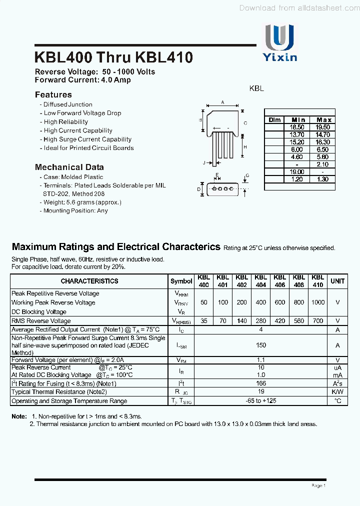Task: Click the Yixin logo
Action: [280, 43]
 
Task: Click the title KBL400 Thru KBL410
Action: [113, 57]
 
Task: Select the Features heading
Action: [53, 94]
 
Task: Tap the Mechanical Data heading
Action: [69, 167]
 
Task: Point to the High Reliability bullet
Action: [65, 121]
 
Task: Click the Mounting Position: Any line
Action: [75, 210]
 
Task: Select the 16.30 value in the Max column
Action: [323, 142]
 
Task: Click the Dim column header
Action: [274, 120]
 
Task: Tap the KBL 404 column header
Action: [260, 280]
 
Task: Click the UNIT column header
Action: [337, 281]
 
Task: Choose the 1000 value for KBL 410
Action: [317, 302]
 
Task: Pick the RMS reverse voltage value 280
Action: [260, 321]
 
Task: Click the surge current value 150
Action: [260, 345]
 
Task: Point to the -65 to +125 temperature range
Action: [260, 401]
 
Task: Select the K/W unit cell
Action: [337, 392]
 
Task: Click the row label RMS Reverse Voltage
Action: [41, 321]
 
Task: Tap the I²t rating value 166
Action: [260, 383]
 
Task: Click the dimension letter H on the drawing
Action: [245, 147]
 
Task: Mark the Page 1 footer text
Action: [318, 485]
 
